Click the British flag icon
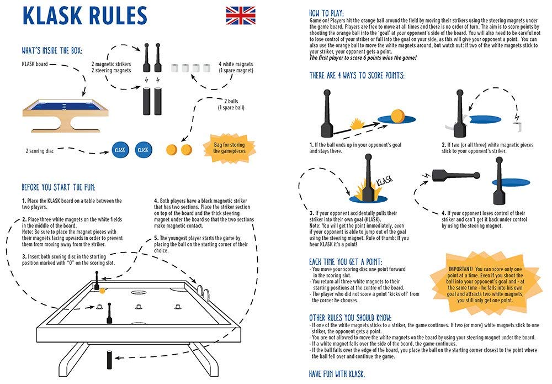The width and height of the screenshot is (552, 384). (241, 15)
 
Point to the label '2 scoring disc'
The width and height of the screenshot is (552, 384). (41, 150)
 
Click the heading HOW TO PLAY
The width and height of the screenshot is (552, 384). (326, 12)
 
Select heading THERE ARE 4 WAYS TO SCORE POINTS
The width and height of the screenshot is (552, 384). (357, 75)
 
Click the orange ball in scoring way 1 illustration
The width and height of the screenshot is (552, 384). (397, 116)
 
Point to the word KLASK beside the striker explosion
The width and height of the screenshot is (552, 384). (384, 181)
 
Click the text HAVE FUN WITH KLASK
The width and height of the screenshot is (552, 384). (337, 374)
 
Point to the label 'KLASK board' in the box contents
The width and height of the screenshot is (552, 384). (36, 64)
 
